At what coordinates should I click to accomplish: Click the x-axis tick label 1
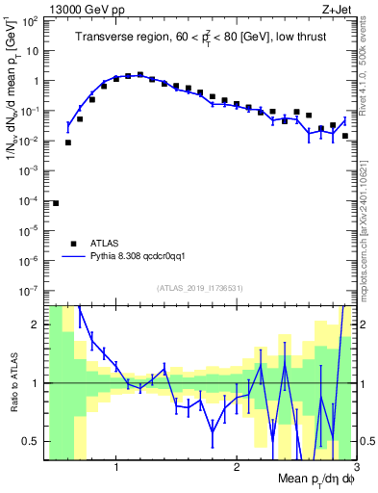click(116, 468)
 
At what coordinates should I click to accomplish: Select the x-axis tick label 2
click(236, 468)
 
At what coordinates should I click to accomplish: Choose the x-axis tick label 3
click(354, 468)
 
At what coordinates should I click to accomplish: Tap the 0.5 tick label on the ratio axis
click(33, 441)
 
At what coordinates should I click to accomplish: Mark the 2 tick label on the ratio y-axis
click(37, 324)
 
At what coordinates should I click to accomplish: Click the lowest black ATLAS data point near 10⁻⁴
click(56, 203)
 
